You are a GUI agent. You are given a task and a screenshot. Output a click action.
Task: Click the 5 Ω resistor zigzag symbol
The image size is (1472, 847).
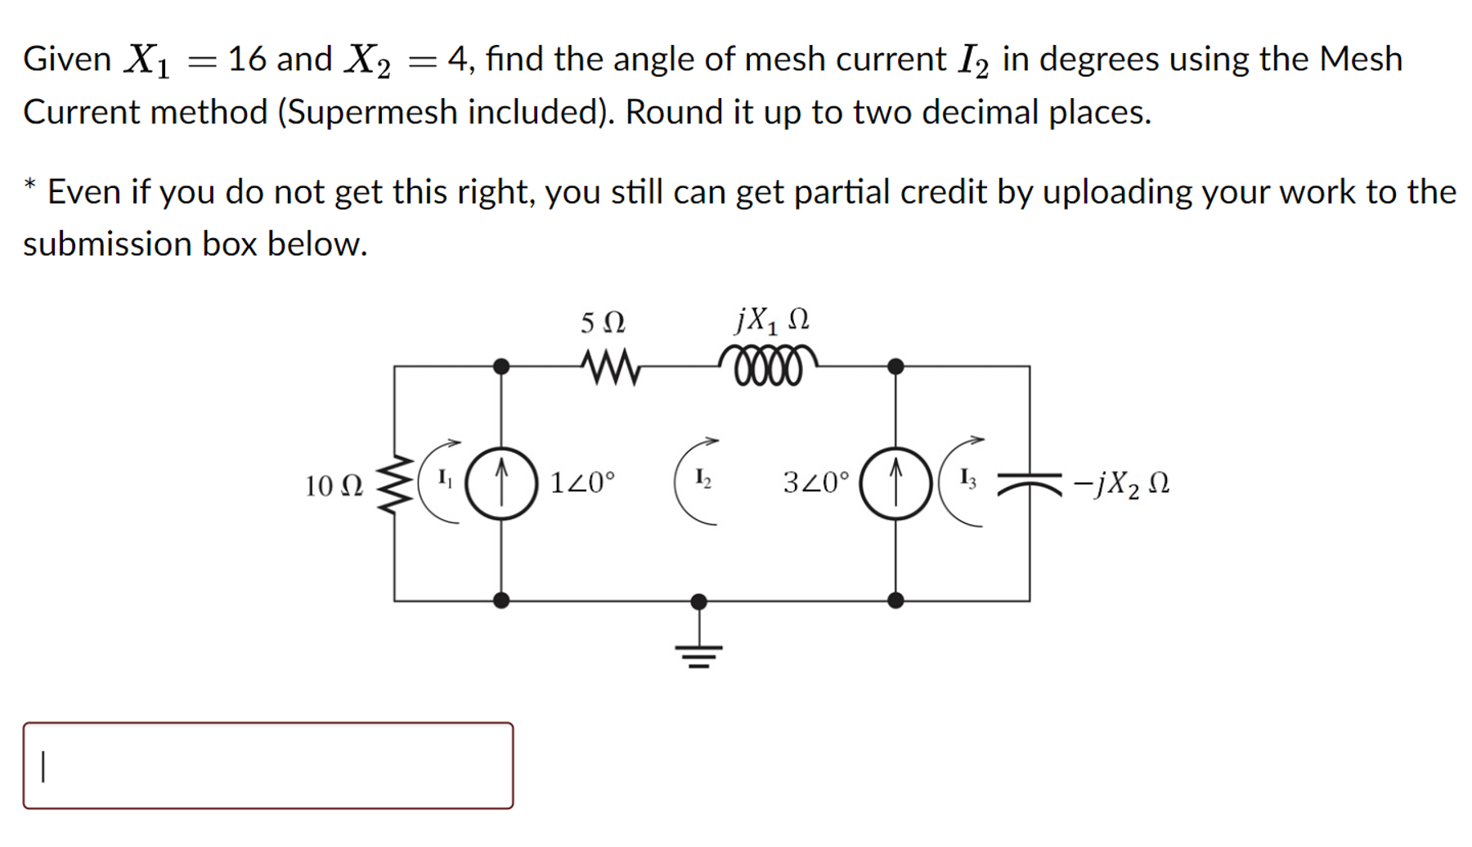click(x=610, y=367)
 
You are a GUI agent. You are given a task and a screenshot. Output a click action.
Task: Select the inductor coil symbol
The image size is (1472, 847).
click(x=768, y=365)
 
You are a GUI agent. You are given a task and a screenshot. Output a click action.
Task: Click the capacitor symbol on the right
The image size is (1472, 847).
click(x=1029, y=484)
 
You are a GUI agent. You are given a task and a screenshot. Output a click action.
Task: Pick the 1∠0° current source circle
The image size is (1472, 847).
click(x=501, y=483)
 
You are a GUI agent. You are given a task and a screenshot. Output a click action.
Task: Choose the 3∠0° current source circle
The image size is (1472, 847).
click(x=895, y=483)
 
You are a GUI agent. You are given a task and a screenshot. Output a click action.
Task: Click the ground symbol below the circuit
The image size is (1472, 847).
click(x=698, y=654)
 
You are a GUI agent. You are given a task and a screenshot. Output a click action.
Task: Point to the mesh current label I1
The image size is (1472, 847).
click(x=445, y=478)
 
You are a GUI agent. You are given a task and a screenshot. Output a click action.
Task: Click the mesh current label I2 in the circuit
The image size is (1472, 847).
click(x=702, y=478)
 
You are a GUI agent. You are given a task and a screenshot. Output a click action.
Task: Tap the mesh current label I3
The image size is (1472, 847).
click(x=967, y=478)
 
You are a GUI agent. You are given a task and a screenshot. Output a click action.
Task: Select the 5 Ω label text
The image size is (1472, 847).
click(x=603, y=323)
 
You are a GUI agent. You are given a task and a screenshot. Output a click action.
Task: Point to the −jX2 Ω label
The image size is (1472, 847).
click(x=1121, y=485)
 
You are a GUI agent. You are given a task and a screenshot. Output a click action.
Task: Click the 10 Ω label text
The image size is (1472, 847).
click(x=334, y=486)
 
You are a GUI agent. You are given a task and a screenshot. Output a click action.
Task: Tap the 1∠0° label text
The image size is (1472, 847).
click(x=582, y=482)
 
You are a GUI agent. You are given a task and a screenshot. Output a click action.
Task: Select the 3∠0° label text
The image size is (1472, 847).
click(x=816, y=482)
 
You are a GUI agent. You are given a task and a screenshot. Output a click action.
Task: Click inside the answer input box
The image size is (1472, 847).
click(x=268, y=765)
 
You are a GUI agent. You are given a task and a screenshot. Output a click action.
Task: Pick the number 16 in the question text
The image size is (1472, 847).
click(x=246, y=59)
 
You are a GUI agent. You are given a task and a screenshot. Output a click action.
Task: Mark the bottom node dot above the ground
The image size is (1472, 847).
click(x=698, y=602)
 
